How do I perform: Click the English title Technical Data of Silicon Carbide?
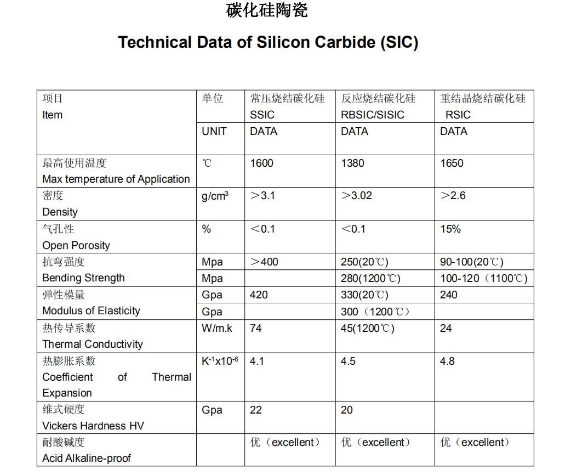268,43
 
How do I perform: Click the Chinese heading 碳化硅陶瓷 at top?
267,10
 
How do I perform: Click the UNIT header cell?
214,131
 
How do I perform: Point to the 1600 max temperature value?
261,163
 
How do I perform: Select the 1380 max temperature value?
352,163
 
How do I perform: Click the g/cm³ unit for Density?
215,196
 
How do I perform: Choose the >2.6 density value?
453,196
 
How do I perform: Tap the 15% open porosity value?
450,229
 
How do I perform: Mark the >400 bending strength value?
264,262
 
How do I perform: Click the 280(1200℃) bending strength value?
370,278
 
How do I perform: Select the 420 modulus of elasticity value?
259,295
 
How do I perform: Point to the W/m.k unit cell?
217,328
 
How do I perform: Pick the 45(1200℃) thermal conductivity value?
367,328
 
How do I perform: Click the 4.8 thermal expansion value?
447,361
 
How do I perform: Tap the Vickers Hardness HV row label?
93,426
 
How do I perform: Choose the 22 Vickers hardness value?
256,410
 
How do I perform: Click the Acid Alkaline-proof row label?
87,458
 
